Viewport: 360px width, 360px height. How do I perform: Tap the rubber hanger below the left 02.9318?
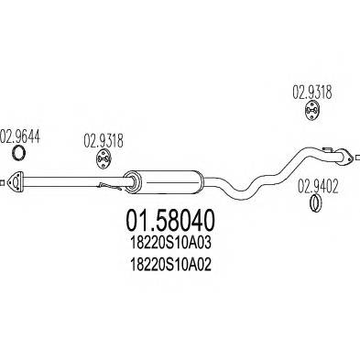click(x=103, y=160)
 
